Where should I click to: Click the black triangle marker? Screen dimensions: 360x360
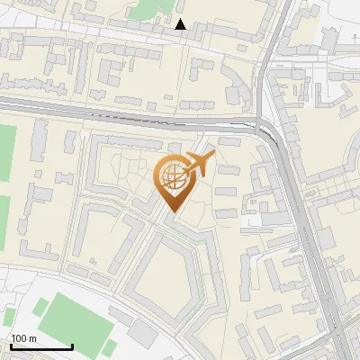181,25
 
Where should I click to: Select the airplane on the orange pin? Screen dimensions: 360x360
198,165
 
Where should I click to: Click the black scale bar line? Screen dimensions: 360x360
41,347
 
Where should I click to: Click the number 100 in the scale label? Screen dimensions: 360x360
19,339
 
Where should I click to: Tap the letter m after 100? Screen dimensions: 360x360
32,339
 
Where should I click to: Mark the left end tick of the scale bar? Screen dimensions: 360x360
11,346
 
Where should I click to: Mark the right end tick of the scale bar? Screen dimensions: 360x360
72,346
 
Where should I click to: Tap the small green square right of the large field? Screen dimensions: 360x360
111,346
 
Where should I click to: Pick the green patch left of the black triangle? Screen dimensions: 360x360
144,10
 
